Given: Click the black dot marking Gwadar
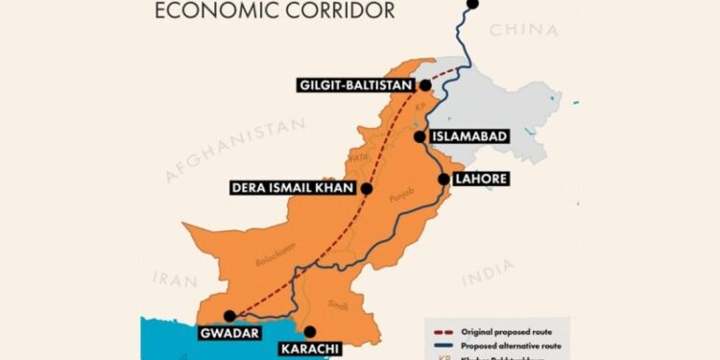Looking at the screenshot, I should click(x=229, y=315).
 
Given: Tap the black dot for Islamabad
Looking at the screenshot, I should click(x=420, y=136).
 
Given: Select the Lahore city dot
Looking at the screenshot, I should click(x=443, y=179).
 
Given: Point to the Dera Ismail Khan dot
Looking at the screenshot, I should click(x=366, y=189).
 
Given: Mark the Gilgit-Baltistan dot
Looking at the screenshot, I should click(x=423, y=86).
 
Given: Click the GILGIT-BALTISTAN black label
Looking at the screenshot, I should click(x=356, y=86).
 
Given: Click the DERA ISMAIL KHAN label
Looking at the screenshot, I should click(x=295, y=189).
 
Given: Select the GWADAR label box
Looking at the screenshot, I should click(x=228, y=335).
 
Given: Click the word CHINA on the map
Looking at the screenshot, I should click(x=522, y=32).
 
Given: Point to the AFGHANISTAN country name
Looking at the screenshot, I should click(x=236, y=150).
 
